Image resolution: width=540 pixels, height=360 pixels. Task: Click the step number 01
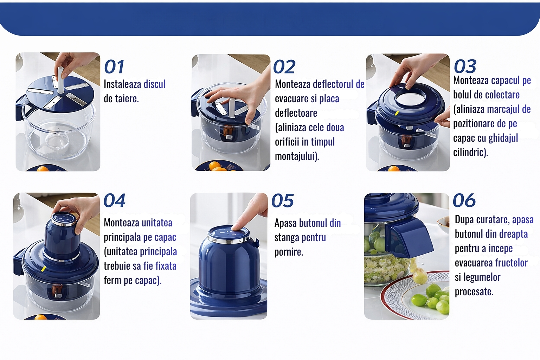pos(114,66)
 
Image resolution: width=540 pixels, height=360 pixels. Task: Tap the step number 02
pos(284,67)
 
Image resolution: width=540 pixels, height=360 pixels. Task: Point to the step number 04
pos(115,200)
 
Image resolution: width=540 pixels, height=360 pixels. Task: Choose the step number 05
pos(283,200)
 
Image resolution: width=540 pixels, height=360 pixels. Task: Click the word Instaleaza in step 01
pos(122,84)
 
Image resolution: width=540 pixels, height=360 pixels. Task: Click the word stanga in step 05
pos(287,238)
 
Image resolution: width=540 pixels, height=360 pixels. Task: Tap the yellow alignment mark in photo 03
pos(397,113)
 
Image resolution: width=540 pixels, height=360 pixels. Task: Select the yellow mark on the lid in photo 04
pos(43,269)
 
